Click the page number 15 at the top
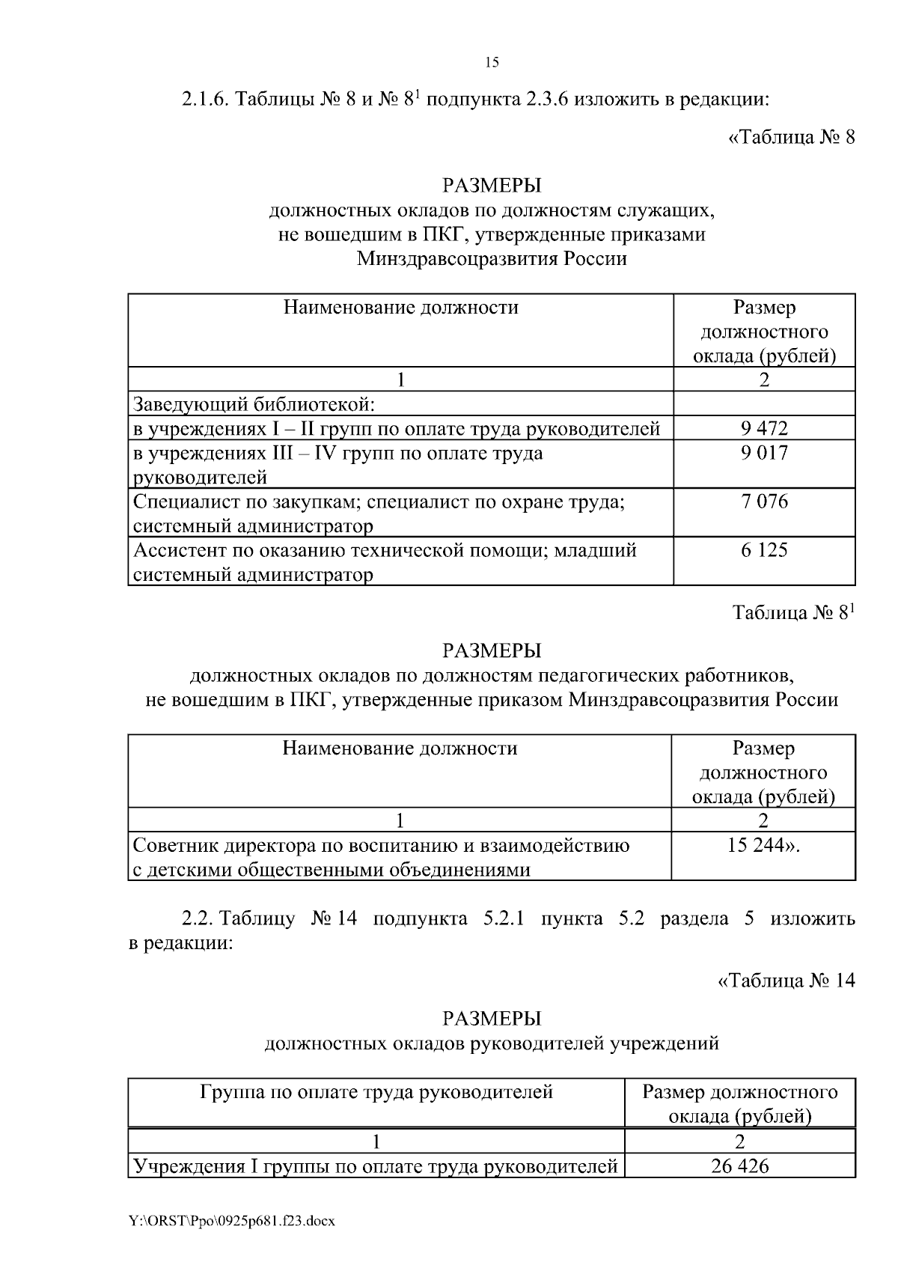(492, 62)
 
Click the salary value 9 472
(764, 428)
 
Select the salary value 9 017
(764, 453)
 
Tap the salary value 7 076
(764, 502)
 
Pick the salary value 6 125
(764, 550)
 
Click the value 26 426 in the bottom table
(740, 1165)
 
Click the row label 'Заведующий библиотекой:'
(253, 404)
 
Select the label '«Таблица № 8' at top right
(791, 138)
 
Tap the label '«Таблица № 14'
(786, 981)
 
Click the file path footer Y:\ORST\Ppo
(231, 1221)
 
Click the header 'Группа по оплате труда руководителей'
(376, 1092)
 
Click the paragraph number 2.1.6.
(205, 100)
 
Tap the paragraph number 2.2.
(198, 918)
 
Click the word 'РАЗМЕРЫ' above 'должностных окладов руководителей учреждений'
(492, 1018)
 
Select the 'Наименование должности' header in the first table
(400, 307)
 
